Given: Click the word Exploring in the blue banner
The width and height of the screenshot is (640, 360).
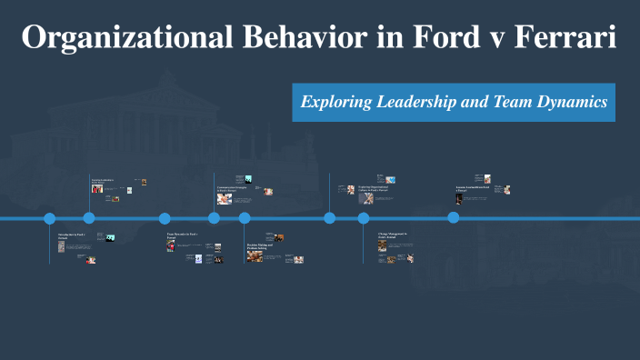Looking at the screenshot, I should [x=336, y=102].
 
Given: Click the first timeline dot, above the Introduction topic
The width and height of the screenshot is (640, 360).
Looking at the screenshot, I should [x=50, y=218].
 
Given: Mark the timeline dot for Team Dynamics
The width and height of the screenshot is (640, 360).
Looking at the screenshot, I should [x=165, y=218].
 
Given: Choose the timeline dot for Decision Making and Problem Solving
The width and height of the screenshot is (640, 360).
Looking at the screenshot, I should [x=245, y=218].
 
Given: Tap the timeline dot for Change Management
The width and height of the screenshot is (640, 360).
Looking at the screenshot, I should [x=364, y=218].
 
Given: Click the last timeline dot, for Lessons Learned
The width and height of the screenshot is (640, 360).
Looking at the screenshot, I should [x=454, y=218].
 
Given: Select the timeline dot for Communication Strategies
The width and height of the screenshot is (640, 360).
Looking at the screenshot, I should [x=214, y=218].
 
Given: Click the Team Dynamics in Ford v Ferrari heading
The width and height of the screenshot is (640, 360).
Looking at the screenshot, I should [x=182, y=235].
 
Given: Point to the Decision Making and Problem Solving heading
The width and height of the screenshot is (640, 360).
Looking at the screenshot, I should [x=260, y=245].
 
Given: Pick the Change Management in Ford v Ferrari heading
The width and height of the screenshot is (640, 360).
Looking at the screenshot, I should [x=393, y=235].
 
